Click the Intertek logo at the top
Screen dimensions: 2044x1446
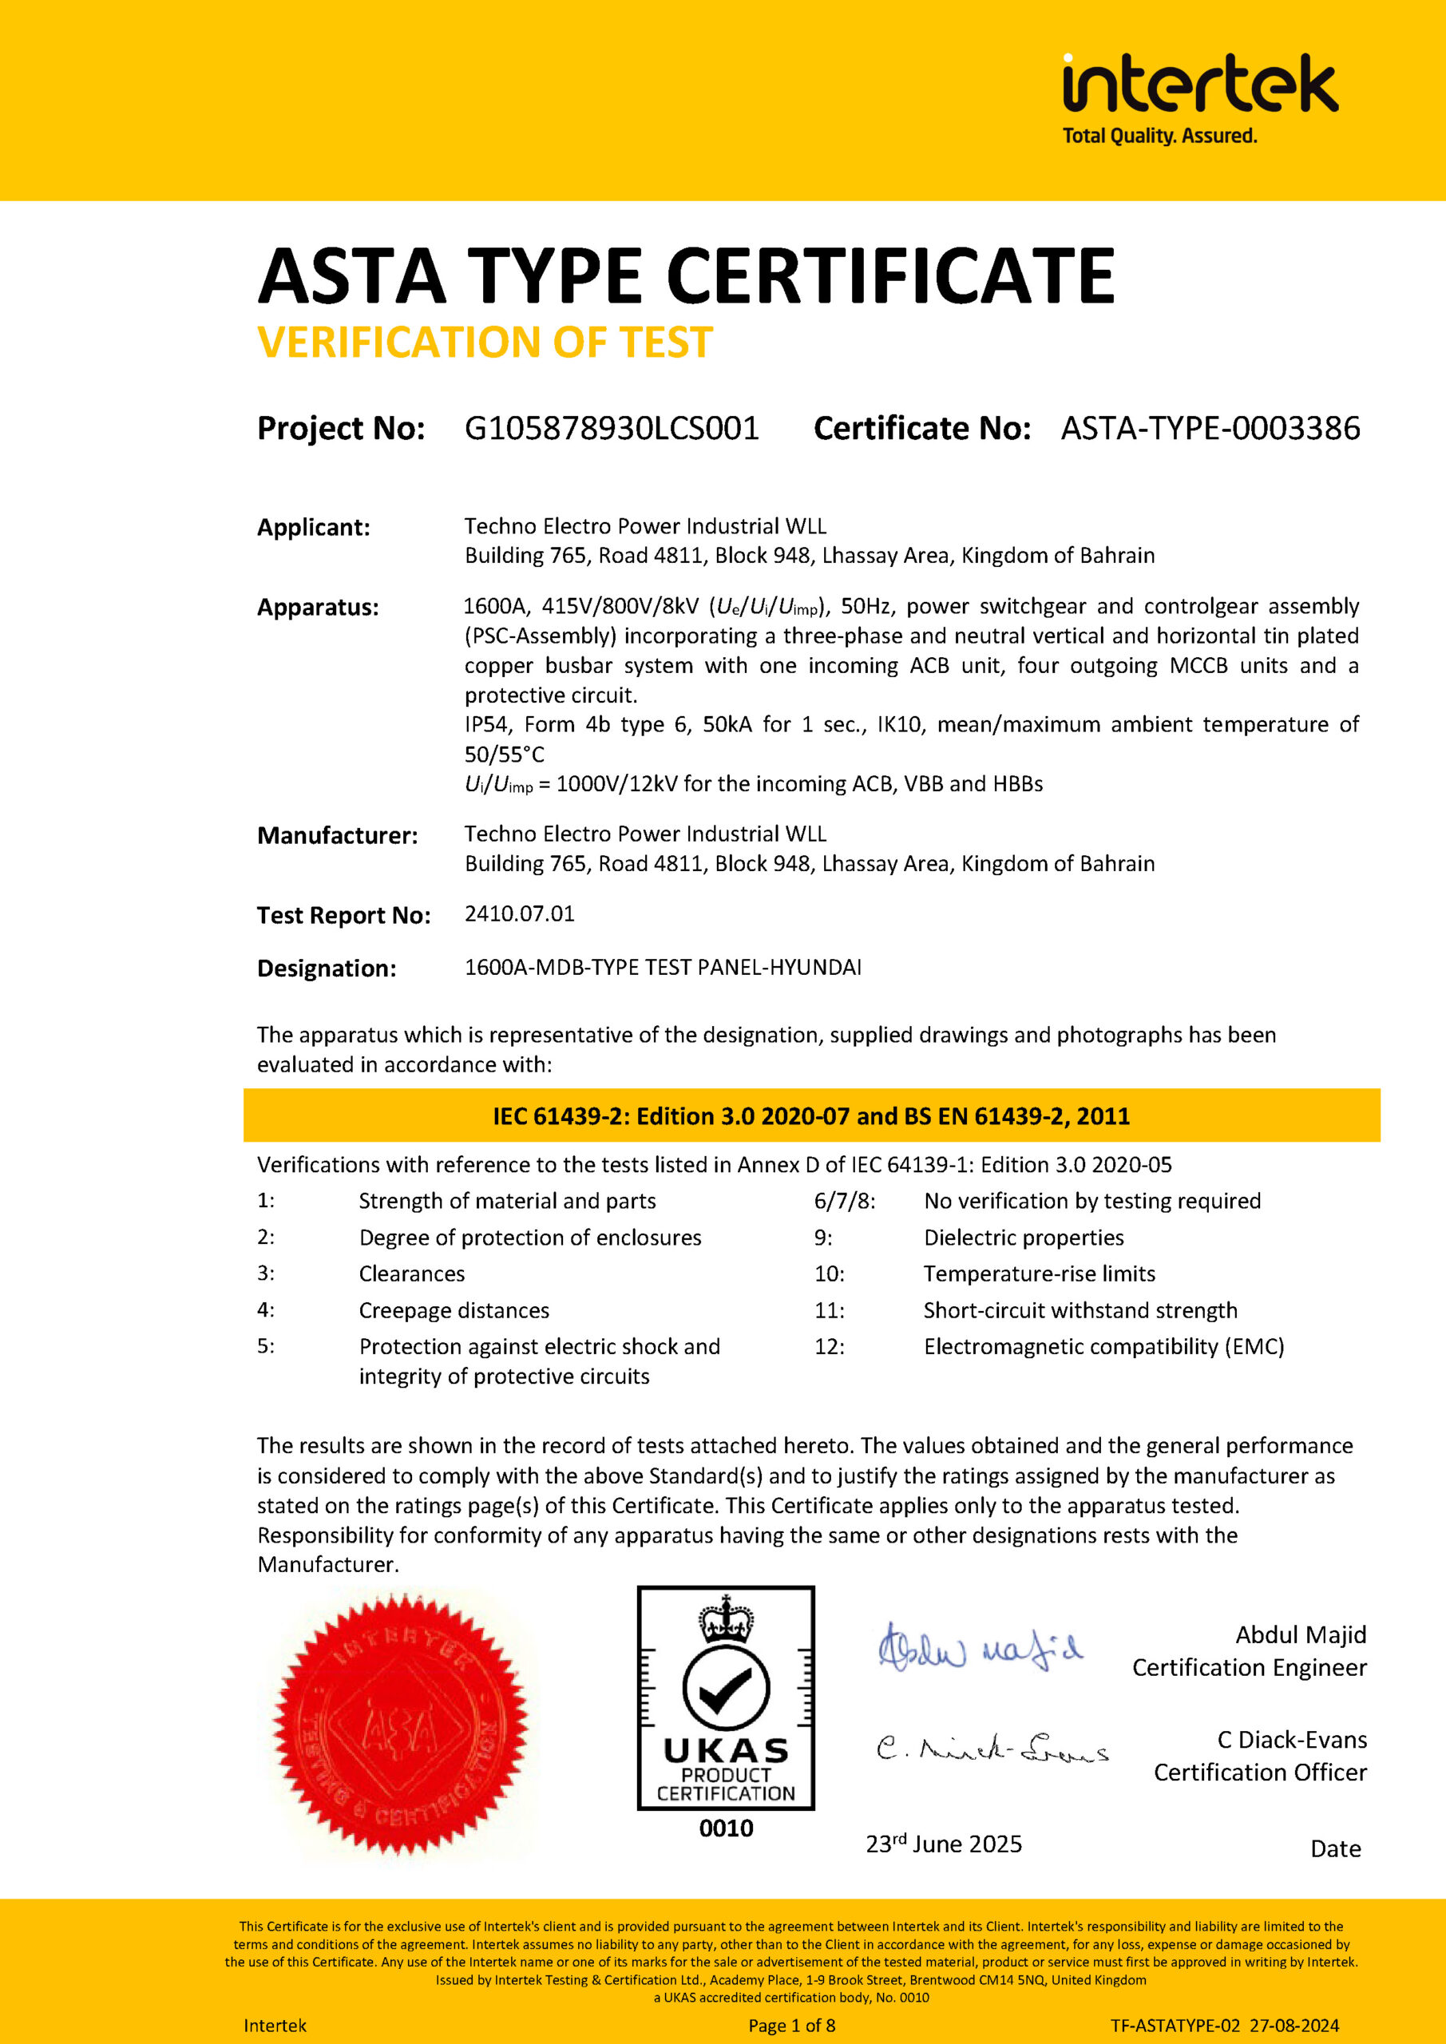[x=1199, y=98]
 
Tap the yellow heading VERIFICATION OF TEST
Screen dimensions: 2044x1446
[x=485, y=343]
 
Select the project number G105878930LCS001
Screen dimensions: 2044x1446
[x=612, y=428]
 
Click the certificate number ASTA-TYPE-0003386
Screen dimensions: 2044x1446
[x=1210, y=428]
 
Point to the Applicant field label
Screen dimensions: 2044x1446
[x=314, y=527]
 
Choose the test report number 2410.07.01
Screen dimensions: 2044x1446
[x=519, y=913]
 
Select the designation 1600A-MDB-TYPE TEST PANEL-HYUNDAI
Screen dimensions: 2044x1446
[x=663, y=967]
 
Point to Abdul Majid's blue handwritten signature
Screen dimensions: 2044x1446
[x=980, y=1649]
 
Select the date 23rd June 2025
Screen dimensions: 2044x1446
[x=944, y=1844]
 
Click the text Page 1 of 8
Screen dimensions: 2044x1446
[x=791, y=2026]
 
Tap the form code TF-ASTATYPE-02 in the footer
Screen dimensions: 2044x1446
[x=1175, y=2026]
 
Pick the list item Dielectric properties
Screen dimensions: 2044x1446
[x=1023, y=1238]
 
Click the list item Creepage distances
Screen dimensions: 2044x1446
[x=454, y=1310]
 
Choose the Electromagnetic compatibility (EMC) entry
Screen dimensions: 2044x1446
[x=1103, y=1346]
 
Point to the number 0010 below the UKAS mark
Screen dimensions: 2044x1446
[x=726, y=1828]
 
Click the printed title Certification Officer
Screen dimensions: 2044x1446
[x=1259, y=1773]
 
